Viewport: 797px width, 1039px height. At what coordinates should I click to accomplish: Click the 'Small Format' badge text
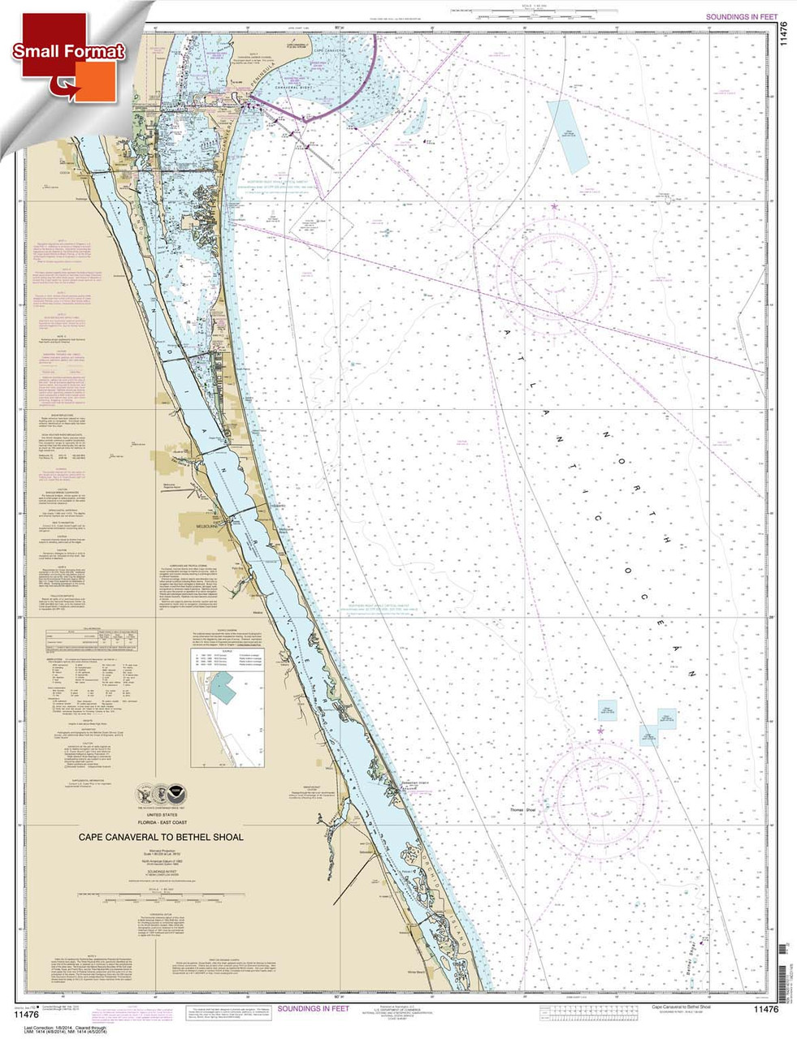[x=68, y=50]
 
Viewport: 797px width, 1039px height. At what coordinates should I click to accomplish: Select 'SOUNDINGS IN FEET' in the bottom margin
[x=313, y=1008]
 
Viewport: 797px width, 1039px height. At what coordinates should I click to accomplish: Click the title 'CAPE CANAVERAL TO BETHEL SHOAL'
[x=160, y=837]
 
